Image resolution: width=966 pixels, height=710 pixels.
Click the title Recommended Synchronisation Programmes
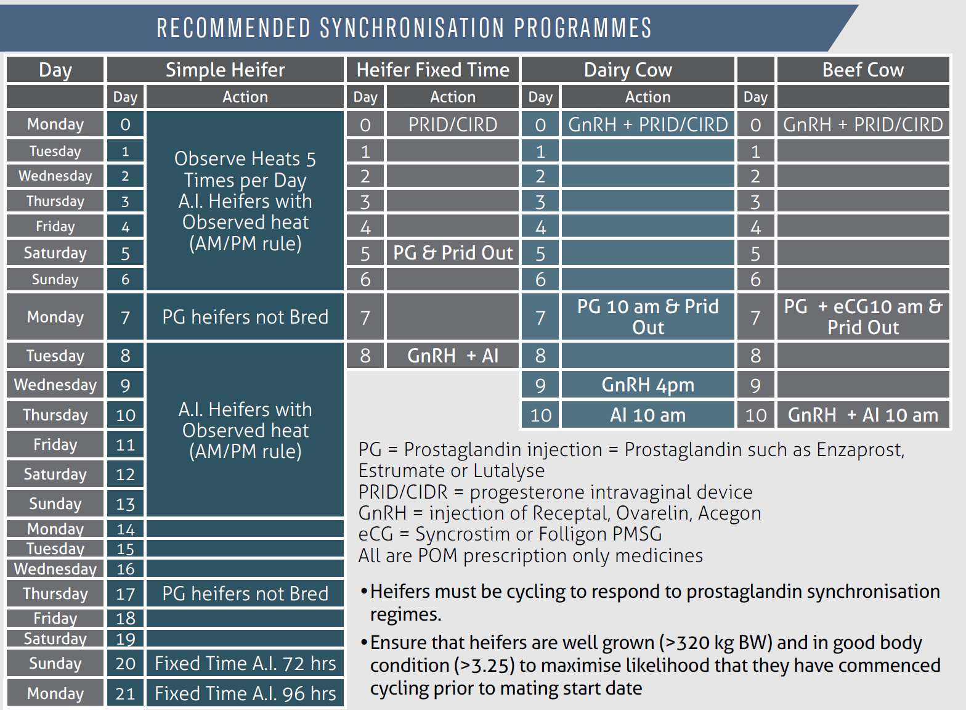tap(404, 28)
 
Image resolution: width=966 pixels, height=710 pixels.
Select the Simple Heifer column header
tap(225, 70)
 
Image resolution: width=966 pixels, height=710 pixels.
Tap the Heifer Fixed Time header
tap(432, 70)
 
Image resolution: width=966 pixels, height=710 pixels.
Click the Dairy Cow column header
tap(628, 70)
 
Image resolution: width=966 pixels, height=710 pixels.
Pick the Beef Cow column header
tap(862, 70)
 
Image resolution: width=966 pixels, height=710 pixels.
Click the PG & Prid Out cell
tap(453, 253)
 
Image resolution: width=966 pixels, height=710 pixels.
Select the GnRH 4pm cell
tap(647, 385)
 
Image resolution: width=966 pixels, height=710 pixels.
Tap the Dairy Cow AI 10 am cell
tap(647, 415)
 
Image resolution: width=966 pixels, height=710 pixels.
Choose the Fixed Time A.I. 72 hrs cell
tap(245, 663)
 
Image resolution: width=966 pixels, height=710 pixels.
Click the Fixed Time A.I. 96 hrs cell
tap(245, 693)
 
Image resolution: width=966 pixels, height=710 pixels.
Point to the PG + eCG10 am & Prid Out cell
tap(862, 317)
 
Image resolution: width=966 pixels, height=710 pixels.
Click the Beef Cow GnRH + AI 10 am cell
tap(862, 415)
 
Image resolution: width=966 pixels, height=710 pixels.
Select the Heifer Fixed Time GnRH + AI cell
tap(453, 356)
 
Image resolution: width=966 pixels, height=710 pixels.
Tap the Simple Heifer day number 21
tap(125, 693)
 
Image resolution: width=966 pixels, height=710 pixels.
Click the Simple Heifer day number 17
tap(125, 594)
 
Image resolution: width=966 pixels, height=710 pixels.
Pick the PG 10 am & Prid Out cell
tap(647, 317)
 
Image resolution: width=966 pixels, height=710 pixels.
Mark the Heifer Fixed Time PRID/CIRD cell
tap(453, 124)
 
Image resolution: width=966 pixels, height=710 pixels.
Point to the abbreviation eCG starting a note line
tap(375, 534)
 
